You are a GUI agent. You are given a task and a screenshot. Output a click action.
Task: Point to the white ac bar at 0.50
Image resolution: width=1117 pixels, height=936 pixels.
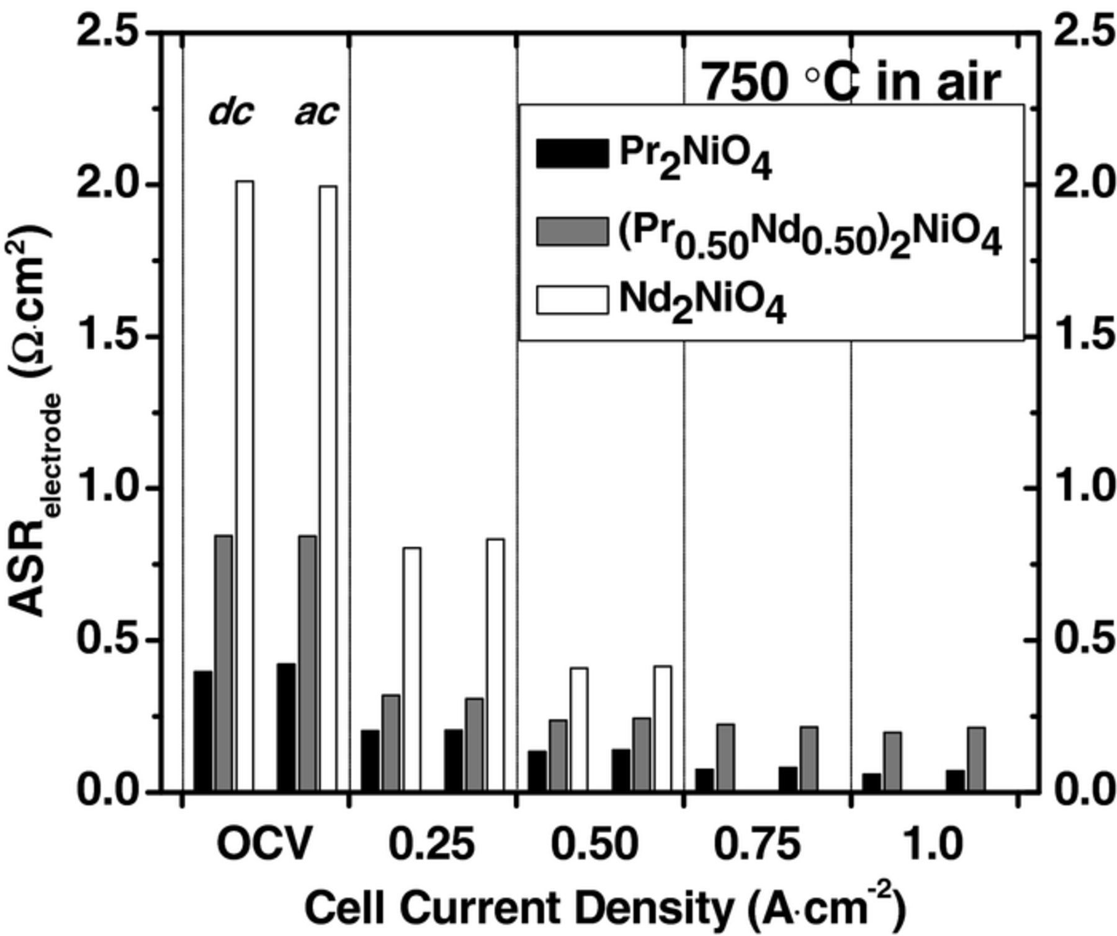pos(663,728)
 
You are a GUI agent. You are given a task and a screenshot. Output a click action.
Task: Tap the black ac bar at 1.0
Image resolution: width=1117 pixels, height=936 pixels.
pos(956,780)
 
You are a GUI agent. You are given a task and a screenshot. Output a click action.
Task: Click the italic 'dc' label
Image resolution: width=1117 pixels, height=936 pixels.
pos(231,113)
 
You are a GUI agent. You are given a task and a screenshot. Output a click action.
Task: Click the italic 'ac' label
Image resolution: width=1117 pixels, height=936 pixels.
pos(316,113)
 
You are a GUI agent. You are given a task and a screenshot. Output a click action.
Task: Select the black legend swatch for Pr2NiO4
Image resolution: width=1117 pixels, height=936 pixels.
pos(572,154)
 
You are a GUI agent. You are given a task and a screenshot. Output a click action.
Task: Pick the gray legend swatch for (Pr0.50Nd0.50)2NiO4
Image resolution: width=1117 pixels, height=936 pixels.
pos(572,231)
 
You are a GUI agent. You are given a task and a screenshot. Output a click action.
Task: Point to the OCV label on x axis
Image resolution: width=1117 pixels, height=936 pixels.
pos(263,845)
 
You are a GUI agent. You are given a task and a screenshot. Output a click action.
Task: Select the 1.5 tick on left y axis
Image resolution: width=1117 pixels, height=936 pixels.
pos(107,337)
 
